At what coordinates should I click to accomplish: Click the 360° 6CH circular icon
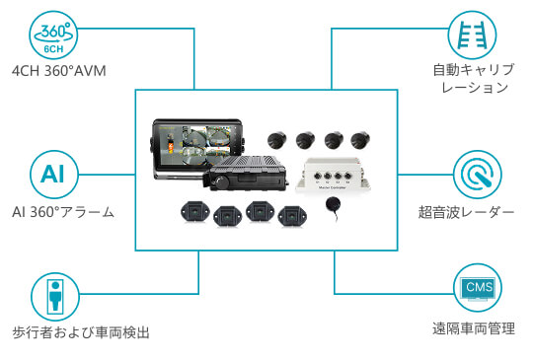click(x=53, y=36)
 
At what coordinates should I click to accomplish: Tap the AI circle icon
click(x=54, y=175)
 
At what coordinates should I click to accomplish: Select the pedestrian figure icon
click(x=55, y=297)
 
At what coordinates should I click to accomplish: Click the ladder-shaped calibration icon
click(x=472, y=35)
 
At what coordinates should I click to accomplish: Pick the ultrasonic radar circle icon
click(x=478, y=175)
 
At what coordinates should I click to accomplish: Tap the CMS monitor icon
click(x=478, y=287)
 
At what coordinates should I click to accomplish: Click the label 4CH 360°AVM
click(x=59, y=71)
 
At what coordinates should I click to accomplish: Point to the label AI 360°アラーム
click(x=63, y=212)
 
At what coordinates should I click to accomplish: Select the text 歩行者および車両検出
click(x=81, y=332)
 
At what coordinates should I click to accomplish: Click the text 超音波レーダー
click(x=466, y=212)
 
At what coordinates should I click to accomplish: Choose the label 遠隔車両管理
click(x=474, y=328)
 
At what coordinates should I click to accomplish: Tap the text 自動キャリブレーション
click(x=474, y=79)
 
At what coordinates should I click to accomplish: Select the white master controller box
click(x=333, y=175)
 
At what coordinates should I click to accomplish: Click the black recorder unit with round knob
click(x=246, y=173)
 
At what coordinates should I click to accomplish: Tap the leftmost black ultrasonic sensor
click(x=277, y=139)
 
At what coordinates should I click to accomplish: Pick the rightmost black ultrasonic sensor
click(x=360, y=140)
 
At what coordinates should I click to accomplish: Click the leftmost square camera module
click(x=195, y=212)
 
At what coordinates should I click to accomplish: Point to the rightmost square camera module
click(x=292, y=216)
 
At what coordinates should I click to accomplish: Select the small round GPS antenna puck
click(x=333, y=204)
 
